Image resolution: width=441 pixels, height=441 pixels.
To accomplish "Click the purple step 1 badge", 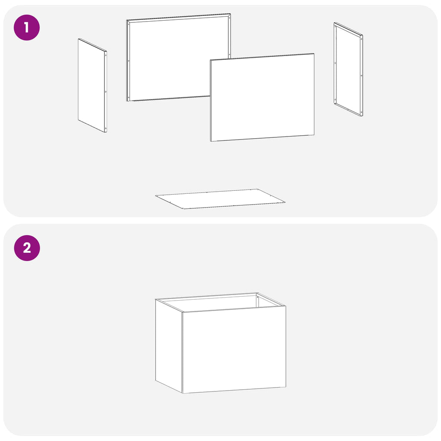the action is pos(27,28).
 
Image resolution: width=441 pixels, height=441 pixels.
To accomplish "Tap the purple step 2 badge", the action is pos(27,248).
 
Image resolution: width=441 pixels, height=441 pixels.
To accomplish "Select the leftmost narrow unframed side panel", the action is pos(92,86).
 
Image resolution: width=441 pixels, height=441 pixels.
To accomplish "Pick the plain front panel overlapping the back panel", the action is pos(262,97).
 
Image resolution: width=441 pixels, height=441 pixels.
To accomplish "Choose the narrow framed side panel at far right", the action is pos(348,69).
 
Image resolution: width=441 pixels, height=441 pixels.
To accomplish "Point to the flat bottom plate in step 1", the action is pos(220,199).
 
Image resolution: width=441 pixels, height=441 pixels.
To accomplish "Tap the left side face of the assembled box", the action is pos(169,345).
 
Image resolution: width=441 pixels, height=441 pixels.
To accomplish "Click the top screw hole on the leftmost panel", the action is pos(106,55).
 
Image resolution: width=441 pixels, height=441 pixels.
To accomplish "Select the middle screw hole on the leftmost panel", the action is pos(106,91).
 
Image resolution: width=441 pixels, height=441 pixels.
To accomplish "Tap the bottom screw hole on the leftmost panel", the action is pos(106,128).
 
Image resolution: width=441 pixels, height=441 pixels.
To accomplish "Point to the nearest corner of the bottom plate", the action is pos(183,209).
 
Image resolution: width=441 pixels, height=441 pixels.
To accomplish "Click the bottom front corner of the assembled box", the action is pos(183,393).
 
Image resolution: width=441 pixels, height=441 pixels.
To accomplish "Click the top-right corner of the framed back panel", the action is pos(230,13).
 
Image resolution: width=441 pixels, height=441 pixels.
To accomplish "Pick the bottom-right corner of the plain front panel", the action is pos(314,135).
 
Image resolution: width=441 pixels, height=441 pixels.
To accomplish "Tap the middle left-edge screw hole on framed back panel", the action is pos(129,61).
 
